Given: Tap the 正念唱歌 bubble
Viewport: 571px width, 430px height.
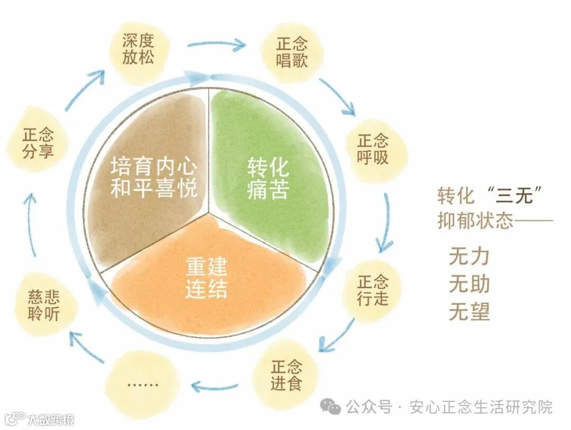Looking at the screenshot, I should point(291,52).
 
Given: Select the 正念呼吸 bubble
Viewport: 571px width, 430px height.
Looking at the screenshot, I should point(373,149).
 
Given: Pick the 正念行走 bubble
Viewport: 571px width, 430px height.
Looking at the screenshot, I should point(373,290).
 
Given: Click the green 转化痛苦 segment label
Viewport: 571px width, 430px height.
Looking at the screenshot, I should point(268,179).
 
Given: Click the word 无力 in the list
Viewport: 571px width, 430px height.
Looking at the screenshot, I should point(469,257).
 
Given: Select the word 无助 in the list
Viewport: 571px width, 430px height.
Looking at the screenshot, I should point(469,285).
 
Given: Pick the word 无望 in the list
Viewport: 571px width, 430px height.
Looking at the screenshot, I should point(469,312).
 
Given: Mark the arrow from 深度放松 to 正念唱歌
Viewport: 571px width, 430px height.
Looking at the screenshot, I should point(217,44).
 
